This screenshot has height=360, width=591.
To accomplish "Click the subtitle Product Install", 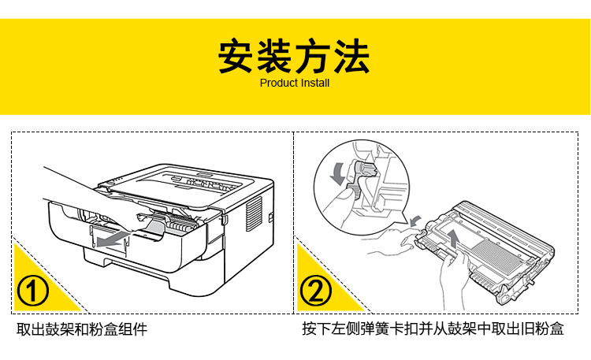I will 295,83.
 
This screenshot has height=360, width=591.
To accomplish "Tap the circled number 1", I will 34,291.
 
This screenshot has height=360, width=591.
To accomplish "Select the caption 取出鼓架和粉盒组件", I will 82,329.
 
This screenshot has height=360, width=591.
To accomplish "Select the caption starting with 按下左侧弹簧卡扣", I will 433,329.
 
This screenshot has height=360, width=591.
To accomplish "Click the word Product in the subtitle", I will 278,83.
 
